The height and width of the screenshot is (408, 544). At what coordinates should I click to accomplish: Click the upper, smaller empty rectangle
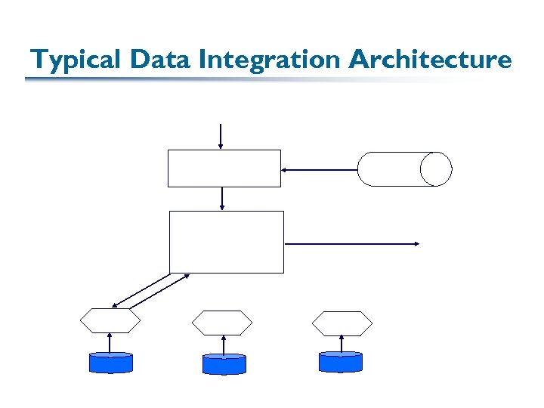(224, 168)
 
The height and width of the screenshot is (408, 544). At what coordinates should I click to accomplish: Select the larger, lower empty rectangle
(227, 242)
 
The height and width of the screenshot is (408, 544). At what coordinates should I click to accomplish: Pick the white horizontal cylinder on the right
(404, 169)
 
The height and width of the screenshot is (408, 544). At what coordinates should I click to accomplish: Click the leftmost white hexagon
(110, 321)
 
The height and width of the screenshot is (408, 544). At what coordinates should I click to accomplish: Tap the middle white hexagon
(221, 323)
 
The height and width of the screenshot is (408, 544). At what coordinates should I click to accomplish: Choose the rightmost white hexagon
(342, 323)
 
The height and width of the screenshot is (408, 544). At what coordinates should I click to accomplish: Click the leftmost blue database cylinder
(110, 363)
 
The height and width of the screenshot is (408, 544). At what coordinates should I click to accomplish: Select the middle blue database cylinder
(224, 364)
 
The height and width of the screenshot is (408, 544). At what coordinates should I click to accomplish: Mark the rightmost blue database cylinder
(341, 362)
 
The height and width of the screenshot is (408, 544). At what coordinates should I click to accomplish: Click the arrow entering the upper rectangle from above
(220, 135)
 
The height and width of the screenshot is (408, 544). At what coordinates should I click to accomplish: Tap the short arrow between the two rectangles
(222, 198)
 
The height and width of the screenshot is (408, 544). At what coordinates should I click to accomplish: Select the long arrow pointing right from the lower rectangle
(352, 243)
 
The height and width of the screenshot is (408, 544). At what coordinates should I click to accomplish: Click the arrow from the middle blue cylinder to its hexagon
(224, 345)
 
